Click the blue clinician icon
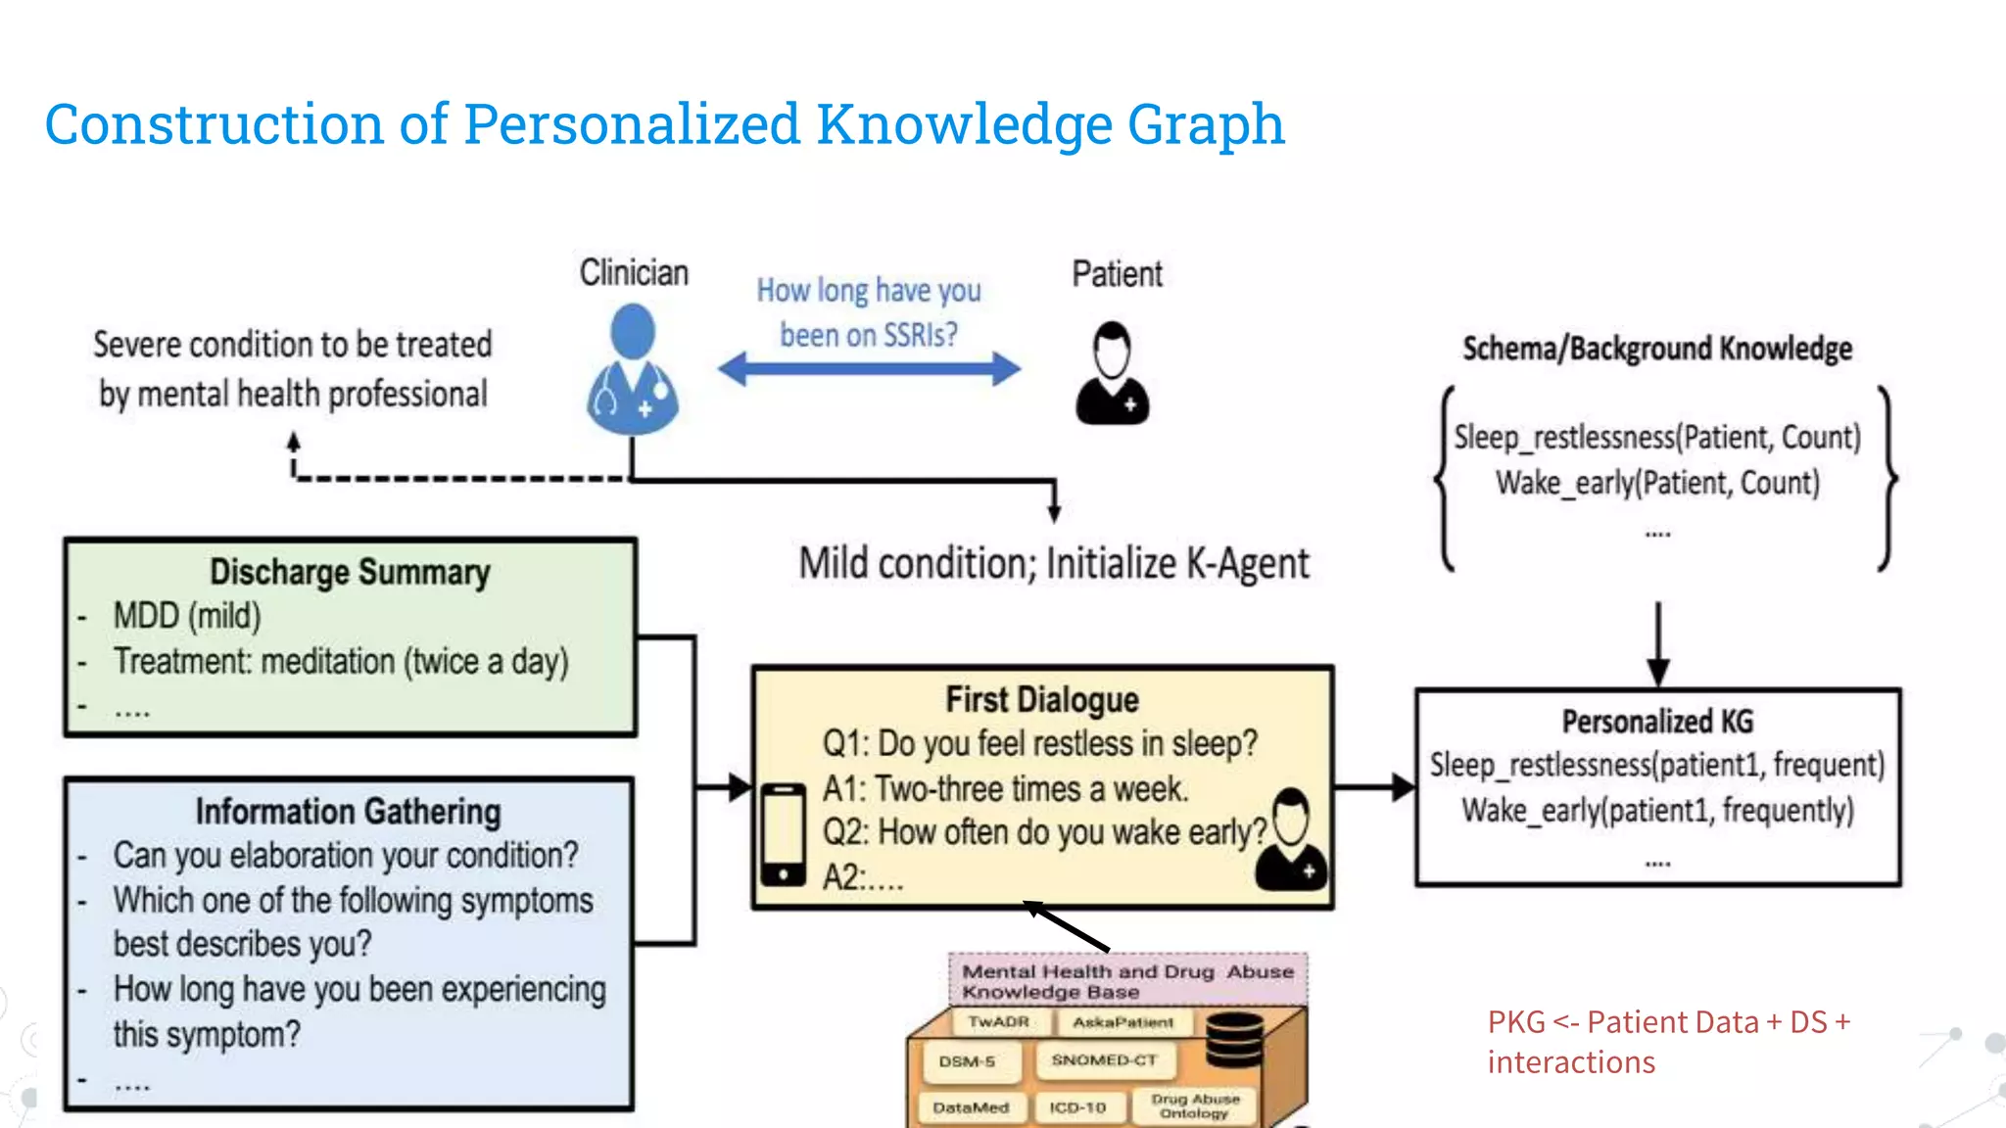633,370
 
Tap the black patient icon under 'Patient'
1112,374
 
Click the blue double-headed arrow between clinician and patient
869,369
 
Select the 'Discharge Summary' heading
350,572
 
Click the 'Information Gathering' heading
348,812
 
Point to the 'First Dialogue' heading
1042,700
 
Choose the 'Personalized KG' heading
1657,722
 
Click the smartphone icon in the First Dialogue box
784,833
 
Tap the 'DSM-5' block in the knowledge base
967,1061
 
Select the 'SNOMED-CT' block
1104,1060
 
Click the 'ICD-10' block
1077,1107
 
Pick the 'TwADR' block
998,1022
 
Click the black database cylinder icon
1234,1040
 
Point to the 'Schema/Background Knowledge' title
1657,349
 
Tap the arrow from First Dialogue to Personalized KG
1374,785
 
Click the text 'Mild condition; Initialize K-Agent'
1054,564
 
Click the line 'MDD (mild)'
187,616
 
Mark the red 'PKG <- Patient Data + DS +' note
1668,1022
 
